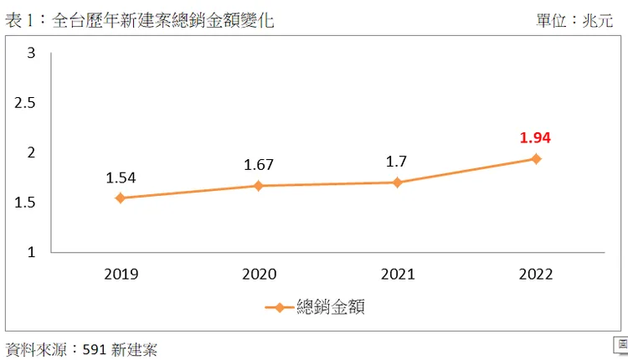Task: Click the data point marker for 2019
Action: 121,198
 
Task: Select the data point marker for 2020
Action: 259,186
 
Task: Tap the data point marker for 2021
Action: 398,183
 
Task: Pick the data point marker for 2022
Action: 536,159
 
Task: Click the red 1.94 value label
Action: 535,138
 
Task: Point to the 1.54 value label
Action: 121,177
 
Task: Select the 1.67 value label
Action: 259,165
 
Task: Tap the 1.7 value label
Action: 398,162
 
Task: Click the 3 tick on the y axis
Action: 31,54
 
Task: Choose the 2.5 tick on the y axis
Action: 25,103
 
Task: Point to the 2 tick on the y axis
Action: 31,152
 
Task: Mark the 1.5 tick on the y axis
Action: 25,202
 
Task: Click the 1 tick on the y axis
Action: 31,251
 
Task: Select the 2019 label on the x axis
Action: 121,274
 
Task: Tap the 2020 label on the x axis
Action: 259,274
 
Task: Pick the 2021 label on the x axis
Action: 398,274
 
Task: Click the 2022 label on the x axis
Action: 536,274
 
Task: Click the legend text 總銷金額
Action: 331,307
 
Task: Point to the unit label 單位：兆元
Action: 574,20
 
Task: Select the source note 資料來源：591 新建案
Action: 81,348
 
